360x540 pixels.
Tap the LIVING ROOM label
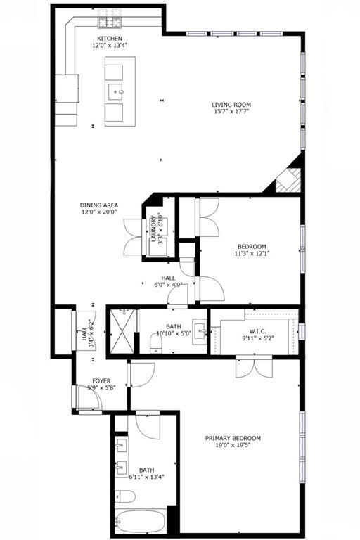[x=231, y=105]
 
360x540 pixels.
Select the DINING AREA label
[x=98, y=205]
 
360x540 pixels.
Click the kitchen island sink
[x=117, y=91]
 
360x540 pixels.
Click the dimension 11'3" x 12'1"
[x=252, y=254]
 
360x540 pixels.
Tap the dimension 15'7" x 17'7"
[x=231, y=113]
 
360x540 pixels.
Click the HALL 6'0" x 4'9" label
[x=169, y=281]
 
